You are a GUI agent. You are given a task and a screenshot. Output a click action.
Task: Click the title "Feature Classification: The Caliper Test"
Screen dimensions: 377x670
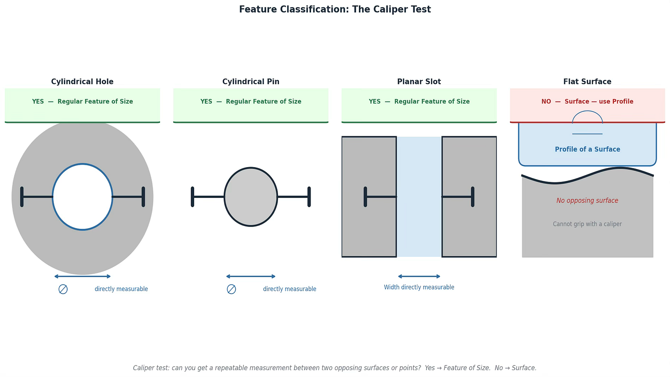(x=335, y=10)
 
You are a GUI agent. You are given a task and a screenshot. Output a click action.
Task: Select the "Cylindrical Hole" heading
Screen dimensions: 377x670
(x=82, y=82)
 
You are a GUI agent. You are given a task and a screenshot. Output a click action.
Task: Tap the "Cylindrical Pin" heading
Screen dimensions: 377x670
(x=251, y=82)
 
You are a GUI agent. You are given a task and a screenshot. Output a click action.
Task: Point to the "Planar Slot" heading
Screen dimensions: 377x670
(x=419, y=82)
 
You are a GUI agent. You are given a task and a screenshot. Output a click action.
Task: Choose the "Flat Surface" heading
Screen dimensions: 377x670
(x=587, y=82)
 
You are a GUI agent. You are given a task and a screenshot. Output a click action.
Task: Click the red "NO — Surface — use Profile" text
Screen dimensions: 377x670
(x=587, y=102)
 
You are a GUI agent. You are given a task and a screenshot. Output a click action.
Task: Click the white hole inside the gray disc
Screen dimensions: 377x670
(x=82, y=197)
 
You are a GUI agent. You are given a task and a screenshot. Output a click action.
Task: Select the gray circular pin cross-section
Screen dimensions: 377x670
(x=251, y=197)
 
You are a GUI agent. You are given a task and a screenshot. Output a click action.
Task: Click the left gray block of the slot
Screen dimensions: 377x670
(x=369, y=230)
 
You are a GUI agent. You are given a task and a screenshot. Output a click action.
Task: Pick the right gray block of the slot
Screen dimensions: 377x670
(x=469, y=230)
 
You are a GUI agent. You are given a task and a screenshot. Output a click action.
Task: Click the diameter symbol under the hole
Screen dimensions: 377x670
(x=63, y=289)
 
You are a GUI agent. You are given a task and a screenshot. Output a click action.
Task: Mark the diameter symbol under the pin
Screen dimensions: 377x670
(x=231, y=289)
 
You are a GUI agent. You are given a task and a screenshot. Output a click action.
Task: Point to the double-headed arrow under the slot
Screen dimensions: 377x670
(x=419, y=276)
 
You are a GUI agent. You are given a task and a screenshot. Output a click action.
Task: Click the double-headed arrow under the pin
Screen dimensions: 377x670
(x=251, y=276)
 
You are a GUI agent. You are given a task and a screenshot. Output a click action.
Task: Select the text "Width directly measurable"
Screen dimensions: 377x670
(x=419, y=287)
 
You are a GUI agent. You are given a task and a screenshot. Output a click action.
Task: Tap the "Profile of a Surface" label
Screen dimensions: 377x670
(x=587, y=150)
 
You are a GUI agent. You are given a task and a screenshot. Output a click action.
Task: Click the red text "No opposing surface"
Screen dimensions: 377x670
(x=587, y=201)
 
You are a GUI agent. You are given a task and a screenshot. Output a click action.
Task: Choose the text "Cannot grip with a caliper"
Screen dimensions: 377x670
(x=587, y=224)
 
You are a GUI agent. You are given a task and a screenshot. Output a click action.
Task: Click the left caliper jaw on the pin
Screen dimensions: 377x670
(x=192, y=197)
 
